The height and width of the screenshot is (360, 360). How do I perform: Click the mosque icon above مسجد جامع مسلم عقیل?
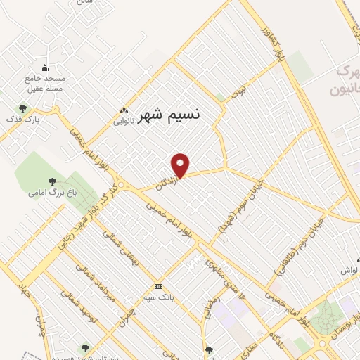45,68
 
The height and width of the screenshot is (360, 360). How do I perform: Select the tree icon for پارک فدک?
22,108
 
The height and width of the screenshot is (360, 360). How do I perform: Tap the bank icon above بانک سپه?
159,286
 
